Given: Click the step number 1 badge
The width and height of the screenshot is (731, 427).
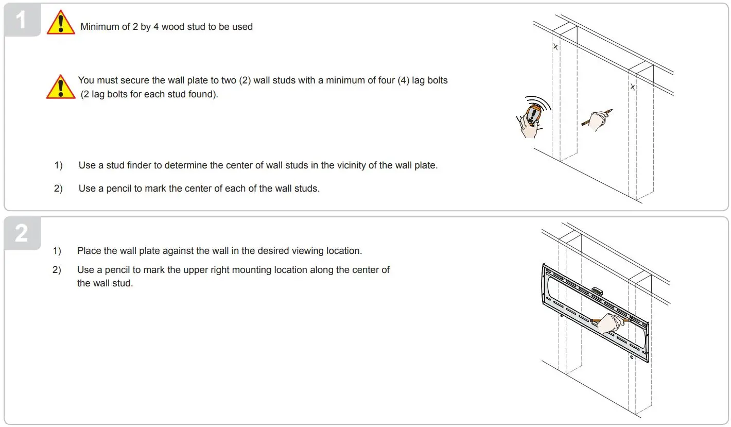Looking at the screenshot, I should coord(21,21).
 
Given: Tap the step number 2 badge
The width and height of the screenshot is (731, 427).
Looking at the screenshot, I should coord(21,233).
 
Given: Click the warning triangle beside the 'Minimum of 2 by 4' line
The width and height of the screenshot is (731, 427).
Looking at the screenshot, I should coord(61,24).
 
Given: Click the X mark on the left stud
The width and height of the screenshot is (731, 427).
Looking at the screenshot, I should coord(555,47).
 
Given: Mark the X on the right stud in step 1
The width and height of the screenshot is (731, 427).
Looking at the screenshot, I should coord(633,87).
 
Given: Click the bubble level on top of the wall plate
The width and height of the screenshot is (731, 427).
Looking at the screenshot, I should coord(598,291).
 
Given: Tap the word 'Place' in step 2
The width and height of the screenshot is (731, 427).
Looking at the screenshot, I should coord(89,251).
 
